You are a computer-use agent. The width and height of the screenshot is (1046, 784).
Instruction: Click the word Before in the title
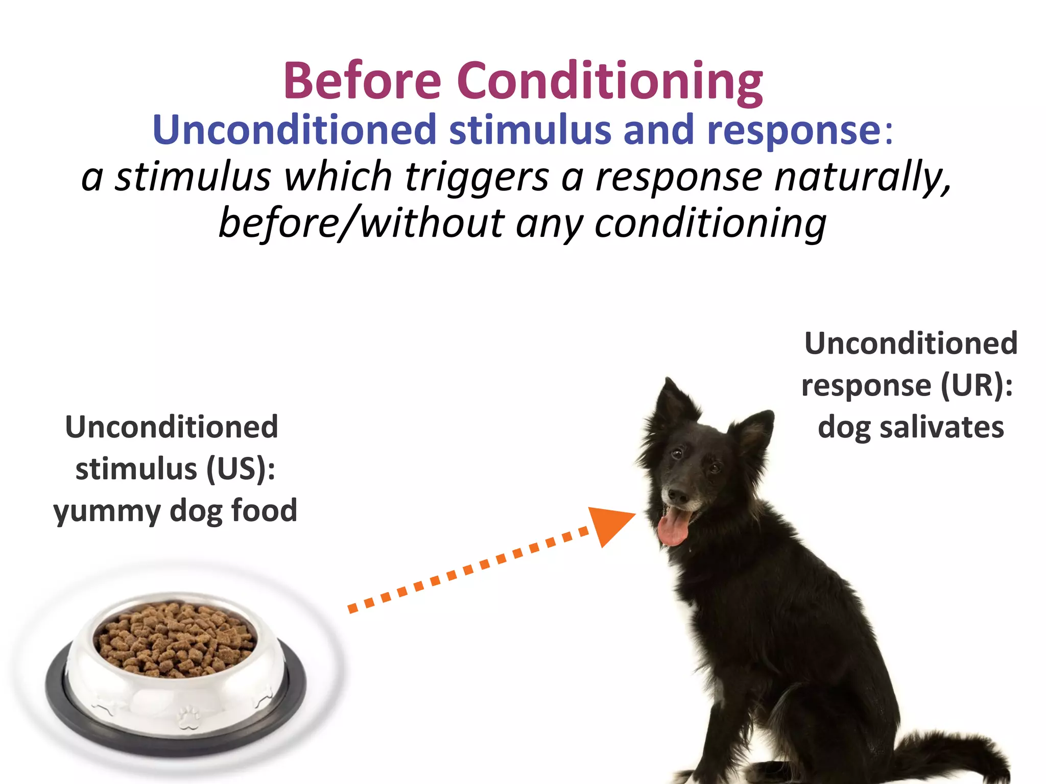click(363, 81)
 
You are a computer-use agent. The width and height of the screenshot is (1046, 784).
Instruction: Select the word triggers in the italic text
click(477, 177)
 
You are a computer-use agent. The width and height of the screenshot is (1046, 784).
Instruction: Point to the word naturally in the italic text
click(863, 177)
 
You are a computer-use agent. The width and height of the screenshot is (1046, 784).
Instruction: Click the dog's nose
click(678, 495)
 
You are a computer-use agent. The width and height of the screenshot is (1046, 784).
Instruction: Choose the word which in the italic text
click(338, 177)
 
